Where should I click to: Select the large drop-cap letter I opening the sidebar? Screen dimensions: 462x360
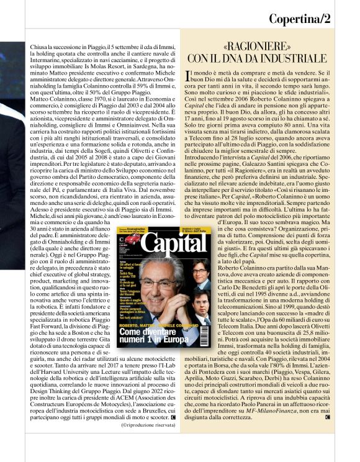tap(189, 77)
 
